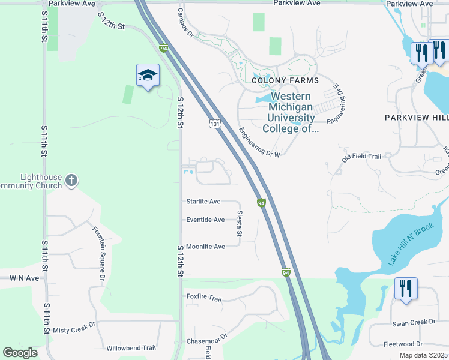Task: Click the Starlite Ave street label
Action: coord(203,202)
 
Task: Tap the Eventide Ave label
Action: coord(205,220)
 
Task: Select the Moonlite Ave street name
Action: coord(205,247)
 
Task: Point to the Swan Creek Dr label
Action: coord(414,322)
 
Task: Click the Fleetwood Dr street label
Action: coord(403,344)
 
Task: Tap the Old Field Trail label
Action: coord(361,157)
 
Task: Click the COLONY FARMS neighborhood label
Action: coord(285,80)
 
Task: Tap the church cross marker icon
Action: coord(71,179)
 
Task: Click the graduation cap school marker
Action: coord(148,75)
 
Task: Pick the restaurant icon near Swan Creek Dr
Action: coord(406,289)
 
